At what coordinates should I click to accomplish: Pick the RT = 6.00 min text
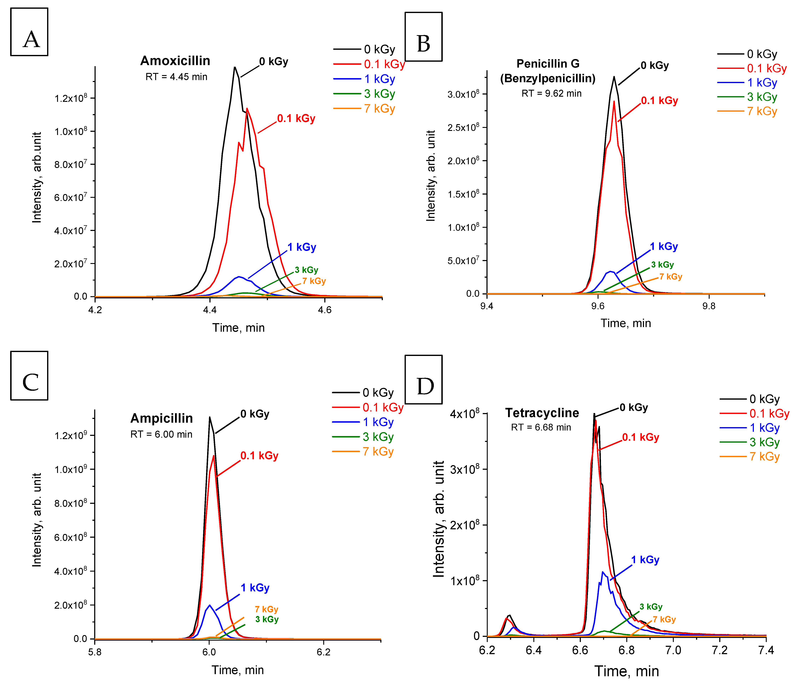click(161, 434)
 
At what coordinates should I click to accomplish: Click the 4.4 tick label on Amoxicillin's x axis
click(210, 310)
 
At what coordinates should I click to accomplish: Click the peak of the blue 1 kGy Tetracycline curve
click(603, 572)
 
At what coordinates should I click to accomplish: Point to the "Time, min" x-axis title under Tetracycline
click(626, 671)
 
